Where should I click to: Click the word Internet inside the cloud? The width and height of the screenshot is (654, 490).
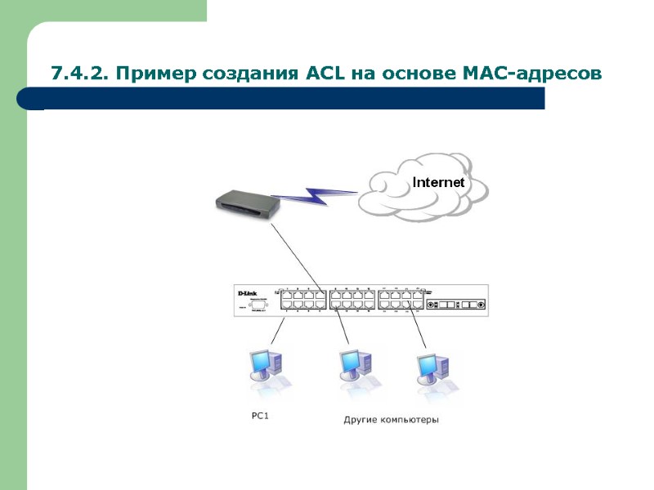438,182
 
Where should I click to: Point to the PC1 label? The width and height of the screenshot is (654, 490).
260,416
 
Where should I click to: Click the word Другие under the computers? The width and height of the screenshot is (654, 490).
360,421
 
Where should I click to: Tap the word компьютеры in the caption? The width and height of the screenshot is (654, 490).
409,421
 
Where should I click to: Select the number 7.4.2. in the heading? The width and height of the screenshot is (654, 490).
79,74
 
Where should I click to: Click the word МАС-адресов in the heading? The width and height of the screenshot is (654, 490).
535,74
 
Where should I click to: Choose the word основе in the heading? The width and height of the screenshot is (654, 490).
418,74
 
